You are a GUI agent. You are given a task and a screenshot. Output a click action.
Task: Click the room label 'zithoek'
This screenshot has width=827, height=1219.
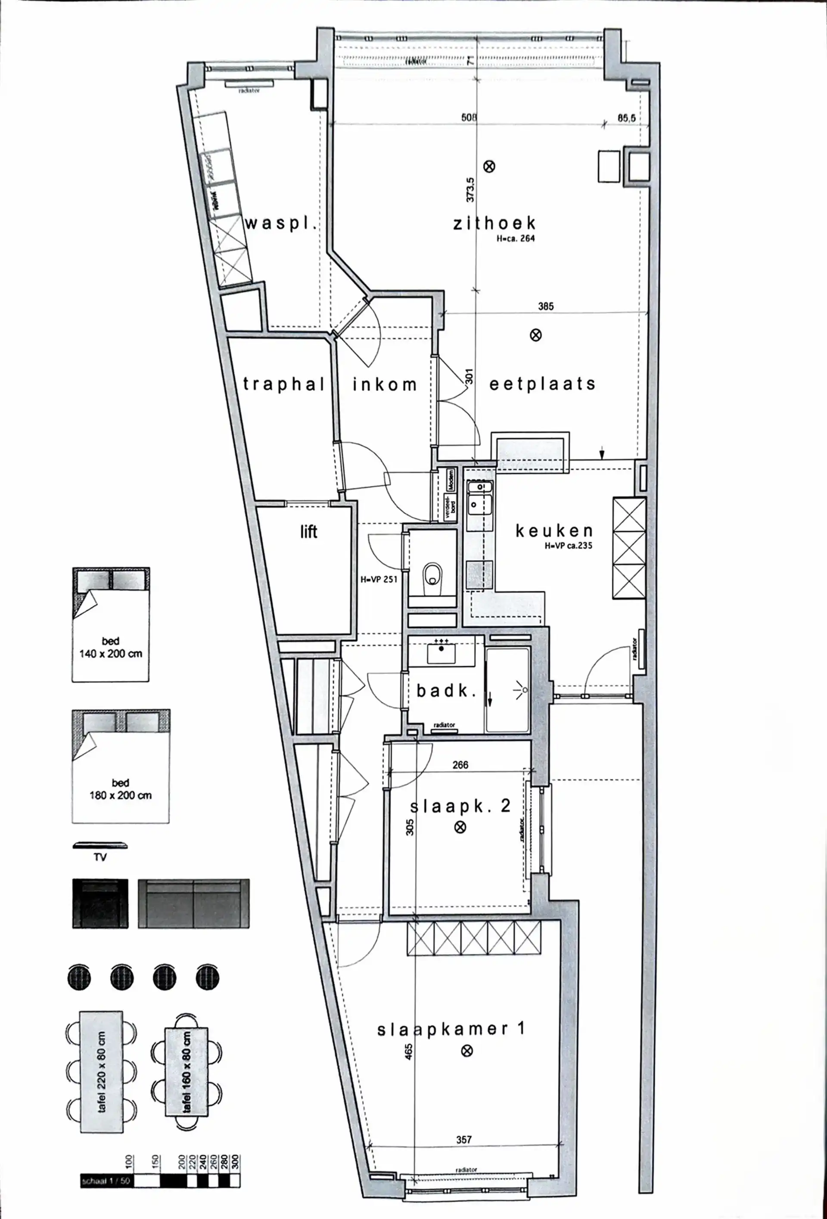point(494,223)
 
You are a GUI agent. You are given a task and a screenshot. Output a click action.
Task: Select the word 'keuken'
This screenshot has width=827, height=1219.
point(553,531)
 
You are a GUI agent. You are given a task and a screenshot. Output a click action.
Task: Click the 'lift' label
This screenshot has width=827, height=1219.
point(308,532)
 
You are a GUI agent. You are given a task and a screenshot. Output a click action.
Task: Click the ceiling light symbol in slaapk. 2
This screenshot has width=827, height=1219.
point(460,828)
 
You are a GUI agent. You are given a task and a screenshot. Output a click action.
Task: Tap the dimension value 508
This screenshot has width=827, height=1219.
point(469,118)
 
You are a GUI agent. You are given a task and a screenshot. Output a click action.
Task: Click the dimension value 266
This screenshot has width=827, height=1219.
point(460,765)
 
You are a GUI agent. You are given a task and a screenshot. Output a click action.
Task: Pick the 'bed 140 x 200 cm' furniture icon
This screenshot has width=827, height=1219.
point(111,624)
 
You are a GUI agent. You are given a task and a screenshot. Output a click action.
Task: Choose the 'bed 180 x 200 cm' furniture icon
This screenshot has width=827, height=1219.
point(121,766)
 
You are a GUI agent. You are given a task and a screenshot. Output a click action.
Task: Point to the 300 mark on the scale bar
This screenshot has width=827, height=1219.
point(235,1160)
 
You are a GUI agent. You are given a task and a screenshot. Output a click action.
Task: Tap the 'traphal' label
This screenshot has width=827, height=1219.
point(284,384)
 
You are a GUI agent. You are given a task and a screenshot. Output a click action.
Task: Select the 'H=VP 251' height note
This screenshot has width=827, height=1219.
point(379,580)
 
